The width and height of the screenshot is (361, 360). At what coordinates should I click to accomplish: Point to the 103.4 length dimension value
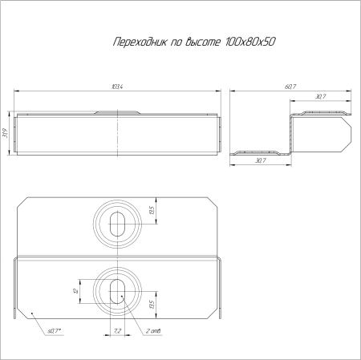(119, 86)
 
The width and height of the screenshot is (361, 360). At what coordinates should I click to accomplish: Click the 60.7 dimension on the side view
(290, 86)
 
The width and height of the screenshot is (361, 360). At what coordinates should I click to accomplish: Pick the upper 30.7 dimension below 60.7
(320, 98)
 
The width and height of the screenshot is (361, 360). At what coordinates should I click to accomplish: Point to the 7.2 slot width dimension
(117, 330)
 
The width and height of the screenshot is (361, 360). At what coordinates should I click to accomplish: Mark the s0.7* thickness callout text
(56, 330)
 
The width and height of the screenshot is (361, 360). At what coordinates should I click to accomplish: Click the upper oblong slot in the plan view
(117, 222)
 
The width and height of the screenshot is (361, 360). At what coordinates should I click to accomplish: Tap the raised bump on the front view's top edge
(117, 113)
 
